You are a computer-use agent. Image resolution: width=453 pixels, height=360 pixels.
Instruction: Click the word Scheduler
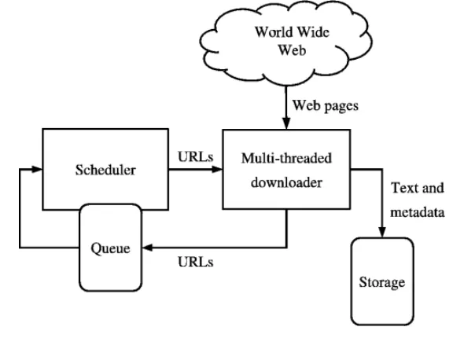pos(105,170)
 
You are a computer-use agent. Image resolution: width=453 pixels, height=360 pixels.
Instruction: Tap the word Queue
pos(110,248)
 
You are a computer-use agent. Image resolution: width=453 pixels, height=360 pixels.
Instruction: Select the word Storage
pos(382,282)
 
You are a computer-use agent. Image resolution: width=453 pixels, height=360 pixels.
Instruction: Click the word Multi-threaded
pos(286,158)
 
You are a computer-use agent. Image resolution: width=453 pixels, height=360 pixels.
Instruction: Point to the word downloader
pos(286,182)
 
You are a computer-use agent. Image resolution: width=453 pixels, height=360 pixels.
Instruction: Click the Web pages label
pos(326,105)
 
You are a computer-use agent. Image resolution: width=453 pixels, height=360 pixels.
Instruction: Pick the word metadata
pos(418,212)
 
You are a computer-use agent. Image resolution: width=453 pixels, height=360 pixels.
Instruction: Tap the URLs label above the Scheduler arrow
pos(196,156)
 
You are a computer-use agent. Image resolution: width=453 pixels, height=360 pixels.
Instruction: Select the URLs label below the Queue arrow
pos(196,262)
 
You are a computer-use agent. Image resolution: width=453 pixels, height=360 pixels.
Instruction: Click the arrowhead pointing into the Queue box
pos(148,248)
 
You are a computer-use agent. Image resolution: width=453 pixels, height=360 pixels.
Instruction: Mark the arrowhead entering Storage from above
pos(382,232)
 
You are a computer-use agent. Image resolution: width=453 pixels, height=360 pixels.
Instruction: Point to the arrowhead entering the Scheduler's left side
pos(37,169)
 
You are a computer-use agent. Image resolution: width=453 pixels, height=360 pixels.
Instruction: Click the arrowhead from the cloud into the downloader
pos(286,123)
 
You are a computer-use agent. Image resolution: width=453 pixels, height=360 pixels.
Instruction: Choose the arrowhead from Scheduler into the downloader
pos(217,170)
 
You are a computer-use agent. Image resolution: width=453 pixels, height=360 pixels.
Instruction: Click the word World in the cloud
pos(272,31)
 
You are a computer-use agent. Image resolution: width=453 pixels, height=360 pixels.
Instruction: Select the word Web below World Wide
pos(292,50)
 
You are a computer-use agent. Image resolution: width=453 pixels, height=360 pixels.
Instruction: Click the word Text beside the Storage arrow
pos(403,188)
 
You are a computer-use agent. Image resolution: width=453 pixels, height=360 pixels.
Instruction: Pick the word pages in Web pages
pos(341,107)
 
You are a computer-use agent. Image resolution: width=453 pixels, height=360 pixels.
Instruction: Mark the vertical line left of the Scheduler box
pos(20,208)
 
